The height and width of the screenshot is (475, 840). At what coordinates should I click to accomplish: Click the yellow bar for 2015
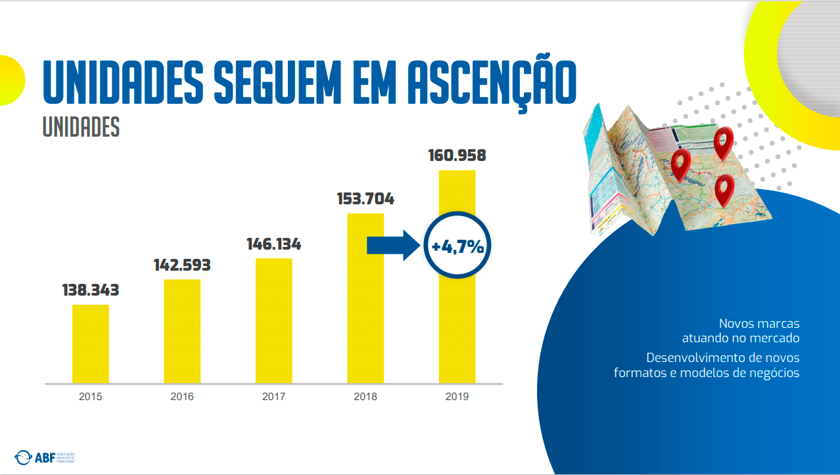click(91, 344)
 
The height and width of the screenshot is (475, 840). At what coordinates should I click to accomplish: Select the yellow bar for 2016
click(182, 331)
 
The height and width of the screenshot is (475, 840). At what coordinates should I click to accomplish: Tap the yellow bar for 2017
click(273, 321)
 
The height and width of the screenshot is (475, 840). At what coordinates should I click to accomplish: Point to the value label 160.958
click(457, 156)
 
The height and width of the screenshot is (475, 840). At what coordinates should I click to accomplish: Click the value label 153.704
click(365, 199)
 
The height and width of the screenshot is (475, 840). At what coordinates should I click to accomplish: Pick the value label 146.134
click(273, 244)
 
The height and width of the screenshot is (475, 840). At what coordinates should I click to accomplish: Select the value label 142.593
click(182, 265)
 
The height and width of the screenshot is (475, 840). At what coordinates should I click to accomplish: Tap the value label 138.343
click(91, 290)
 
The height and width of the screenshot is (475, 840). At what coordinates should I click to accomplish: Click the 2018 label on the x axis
click(365, 397)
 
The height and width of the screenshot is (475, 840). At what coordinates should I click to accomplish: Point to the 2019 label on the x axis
click(457, 397)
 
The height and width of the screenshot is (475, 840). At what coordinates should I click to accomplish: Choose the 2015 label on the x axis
click(91, 397)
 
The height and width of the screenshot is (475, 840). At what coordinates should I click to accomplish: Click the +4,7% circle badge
click(457, 247)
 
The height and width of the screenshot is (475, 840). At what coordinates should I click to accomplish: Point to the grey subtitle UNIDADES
click(81, 127)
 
